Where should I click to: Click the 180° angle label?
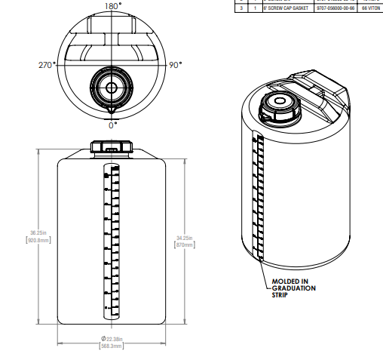(112, 6)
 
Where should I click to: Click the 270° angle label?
(47, 66)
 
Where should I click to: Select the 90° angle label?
(175, 66)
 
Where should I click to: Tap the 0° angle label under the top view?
(112, 125)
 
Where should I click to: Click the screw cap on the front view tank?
(112, 145)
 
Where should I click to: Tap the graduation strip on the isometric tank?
(258, 196)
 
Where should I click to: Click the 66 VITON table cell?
(372, 8)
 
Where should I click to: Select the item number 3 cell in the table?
(241, 8)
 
